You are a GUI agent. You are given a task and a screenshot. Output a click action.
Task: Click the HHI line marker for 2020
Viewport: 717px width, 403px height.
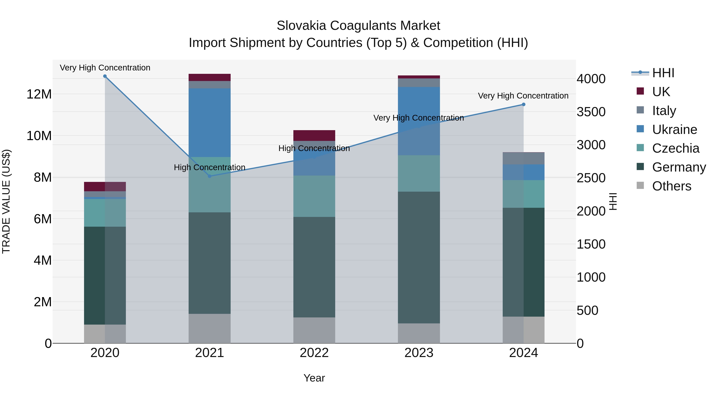pyautogui.click(x=105, y=76)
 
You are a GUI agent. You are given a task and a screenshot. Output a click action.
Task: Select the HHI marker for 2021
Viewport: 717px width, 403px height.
pyautogui.click(x=210, y=176)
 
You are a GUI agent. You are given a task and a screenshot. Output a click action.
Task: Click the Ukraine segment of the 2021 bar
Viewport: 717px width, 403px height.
pyautogui.click(x=210, y=122)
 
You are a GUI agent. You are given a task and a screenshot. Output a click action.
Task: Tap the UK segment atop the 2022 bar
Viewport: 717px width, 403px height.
pyautogui.click(x=314, y=136)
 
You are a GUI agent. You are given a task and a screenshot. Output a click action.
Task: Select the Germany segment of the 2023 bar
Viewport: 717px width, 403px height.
pyautogui.click(x=419, y=257)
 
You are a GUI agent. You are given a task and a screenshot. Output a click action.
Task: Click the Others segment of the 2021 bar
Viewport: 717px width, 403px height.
pyautogui.click(x=210, y=328)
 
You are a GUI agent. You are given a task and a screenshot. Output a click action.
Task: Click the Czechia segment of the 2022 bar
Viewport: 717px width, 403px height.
pyautogui.click(x=314, y=196)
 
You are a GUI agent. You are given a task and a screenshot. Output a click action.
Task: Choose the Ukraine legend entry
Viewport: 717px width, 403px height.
pyautogui.click(x=674, y=130)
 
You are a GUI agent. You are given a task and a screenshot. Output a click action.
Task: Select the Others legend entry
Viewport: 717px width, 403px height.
pyautogui.click(x=671, y=186)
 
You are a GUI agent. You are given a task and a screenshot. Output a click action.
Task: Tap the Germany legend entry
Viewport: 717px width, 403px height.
pyautogui.click(x=679, y=167)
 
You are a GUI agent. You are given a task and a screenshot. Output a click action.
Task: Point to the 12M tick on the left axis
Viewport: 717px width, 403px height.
pyautogui.click(x=39, y=94)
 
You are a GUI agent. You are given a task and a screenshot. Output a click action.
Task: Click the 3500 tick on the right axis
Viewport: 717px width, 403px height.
pyautogui.click(x=591, y=112)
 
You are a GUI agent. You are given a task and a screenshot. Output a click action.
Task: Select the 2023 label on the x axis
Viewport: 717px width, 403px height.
pyautogui.click(x=419, y=353)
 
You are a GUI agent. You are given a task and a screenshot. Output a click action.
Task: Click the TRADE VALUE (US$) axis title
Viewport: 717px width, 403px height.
pyautogui.click(x=6, y=201)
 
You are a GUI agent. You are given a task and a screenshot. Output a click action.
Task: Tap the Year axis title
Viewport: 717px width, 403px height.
pyautogui.click(x=314, y=378)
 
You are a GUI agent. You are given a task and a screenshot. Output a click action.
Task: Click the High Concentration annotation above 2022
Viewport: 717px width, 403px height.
pyautogui.click(x=314, y=148)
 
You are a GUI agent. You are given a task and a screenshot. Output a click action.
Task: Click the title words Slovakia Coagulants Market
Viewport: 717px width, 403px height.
pyautogui.click(x=358, y=26)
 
